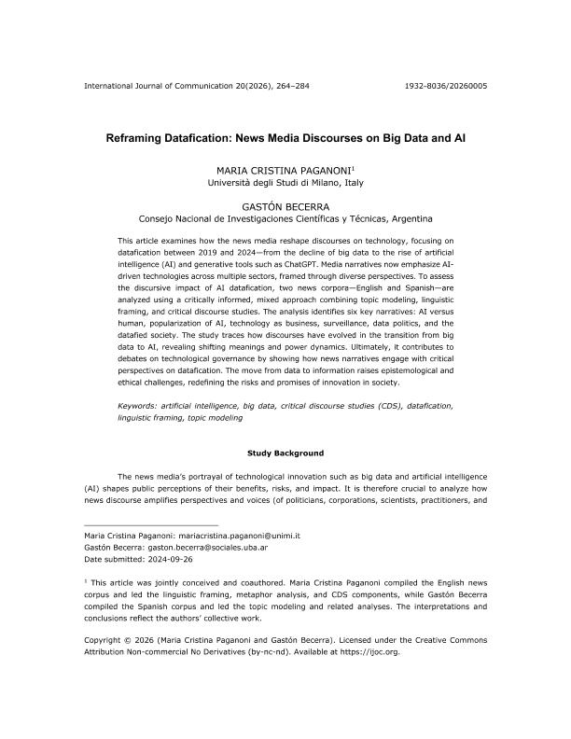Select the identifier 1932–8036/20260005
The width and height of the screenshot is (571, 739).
tap(445, 86)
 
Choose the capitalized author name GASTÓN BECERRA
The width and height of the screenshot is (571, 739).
tap(285, 207)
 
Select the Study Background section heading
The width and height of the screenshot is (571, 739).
tap(285, 453)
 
